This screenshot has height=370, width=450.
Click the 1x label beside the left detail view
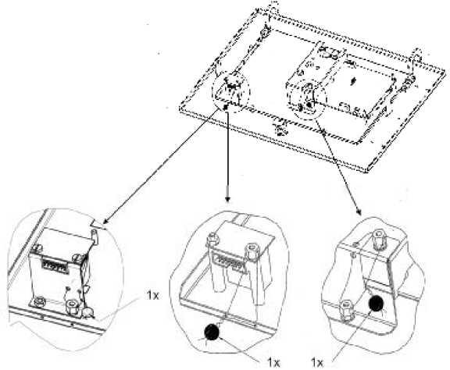click(x=152, y=295)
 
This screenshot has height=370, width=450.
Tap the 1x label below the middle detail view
click(x=273, y=362)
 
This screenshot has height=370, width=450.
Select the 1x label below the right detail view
click(x=317, y=363)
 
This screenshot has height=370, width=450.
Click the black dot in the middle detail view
click(x=212, y=332)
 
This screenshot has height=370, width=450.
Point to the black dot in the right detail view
click(x=376, y=304)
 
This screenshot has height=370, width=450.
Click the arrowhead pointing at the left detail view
click(x=106, y=220)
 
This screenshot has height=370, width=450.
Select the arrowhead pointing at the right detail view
click(x=359, y=212)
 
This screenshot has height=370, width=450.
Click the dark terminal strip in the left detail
click(x=55, y=265)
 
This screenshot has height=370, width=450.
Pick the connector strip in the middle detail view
click(x=230, y=261)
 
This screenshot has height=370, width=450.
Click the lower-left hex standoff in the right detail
click(x=347, y=310)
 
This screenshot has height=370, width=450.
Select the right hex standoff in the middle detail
click(x=252, y=251)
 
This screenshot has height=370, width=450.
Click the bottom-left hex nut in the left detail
click(x=38, y=301)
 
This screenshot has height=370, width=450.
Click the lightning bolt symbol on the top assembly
click(x=353, y=81)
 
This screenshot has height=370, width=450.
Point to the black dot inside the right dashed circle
click(x=309, y=105)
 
